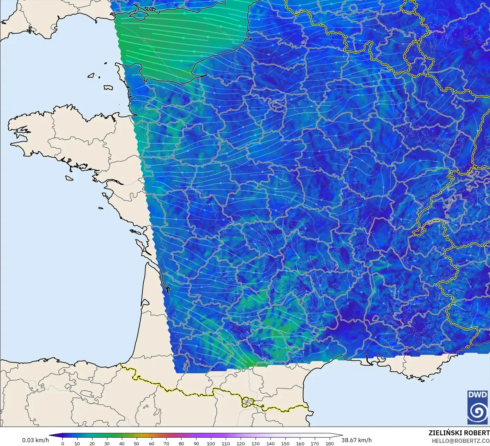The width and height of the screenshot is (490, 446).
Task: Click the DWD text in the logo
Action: pos(477,395)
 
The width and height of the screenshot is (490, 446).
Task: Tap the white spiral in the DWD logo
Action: pos(477,411)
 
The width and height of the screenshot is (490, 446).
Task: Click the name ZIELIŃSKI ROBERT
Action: pos(459,433)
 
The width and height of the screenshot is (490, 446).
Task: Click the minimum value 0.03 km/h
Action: pos(36,440)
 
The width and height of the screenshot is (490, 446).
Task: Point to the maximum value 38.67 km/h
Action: pos(357,440)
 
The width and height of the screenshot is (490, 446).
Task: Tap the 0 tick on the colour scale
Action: pos(63,444)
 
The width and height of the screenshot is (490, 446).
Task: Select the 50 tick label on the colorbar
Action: pos(137,444)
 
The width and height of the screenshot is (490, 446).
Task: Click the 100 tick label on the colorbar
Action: pos(211,444)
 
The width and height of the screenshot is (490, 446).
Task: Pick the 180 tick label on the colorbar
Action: pos(330,444)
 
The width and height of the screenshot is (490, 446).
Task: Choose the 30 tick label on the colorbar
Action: pos(107,444)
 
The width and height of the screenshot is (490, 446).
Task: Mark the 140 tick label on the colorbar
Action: pos(270,444)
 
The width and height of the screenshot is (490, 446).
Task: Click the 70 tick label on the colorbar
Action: pos(166,444)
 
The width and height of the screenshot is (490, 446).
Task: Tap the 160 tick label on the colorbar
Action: pos(300,444)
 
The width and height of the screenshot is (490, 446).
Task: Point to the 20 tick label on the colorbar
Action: pos(92,444)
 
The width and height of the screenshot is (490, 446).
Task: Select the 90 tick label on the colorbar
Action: pos(196,444)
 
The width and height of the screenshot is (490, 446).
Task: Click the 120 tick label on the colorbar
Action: pos(241,444)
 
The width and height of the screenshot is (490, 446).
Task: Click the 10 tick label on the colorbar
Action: pos(77,444)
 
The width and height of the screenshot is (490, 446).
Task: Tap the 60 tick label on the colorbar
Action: pos(152,444)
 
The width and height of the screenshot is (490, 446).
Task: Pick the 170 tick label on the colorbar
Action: pos(315,444)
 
